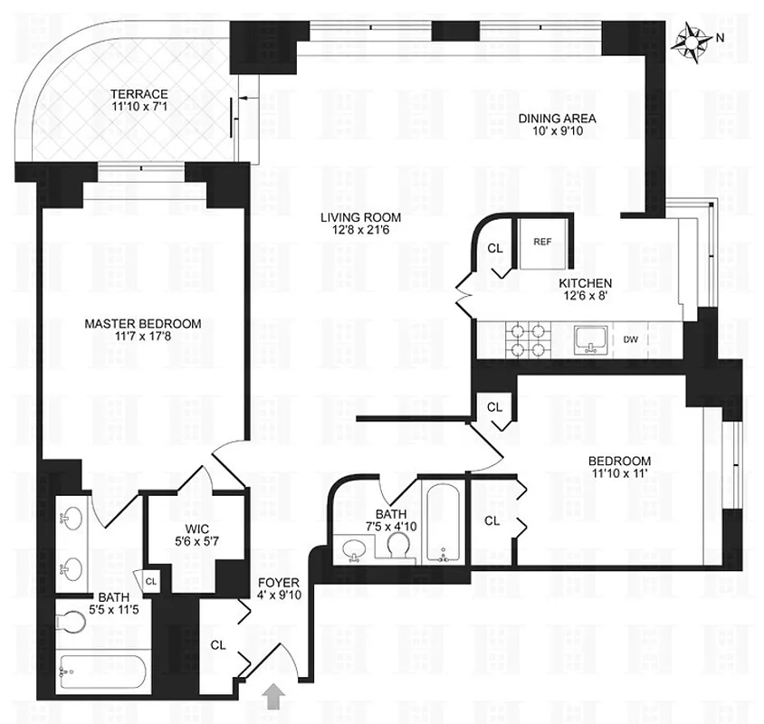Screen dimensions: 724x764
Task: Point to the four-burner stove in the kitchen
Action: pos(529,339)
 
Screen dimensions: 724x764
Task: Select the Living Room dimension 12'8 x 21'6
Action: pos(359,231)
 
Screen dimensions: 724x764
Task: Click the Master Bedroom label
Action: pos(143,323)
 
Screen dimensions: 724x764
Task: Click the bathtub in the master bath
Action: pos(100,674)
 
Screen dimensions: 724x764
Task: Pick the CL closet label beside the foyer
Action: pos(217,645)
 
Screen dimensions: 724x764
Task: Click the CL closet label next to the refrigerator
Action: pos(494,247)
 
